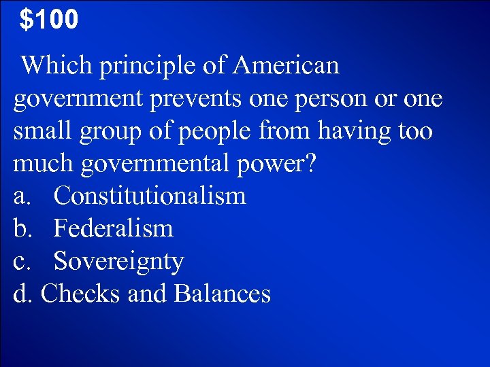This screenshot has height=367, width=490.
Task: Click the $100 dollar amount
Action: (x=49, y=20)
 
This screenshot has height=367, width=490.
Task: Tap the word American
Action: (x=286, y=66)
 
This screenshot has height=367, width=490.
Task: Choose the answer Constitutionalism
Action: (x=150, y=196)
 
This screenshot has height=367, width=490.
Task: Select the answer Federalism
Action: (x=114, y=229)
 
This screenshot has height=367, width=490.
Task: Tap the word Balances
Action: (x=223, y=294)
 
